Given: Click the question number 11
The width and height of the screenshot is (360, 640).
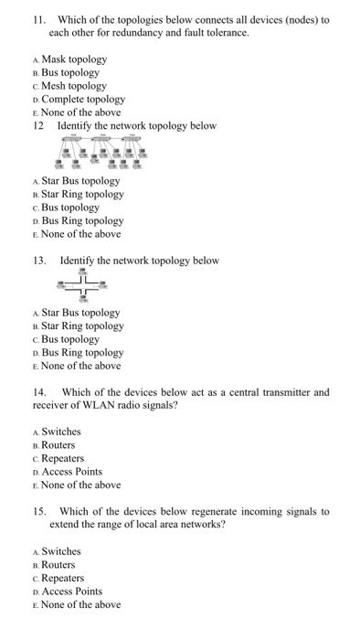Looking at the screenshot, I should (38, 19).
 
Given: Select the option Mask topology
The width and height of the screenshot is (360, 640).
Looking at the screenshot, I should (74, 59).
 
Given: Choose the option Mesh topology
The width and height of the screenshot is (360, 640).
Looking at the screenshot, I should (74, 85).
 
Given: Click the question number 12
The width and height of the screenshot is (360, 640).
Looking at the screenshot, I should (38, 125).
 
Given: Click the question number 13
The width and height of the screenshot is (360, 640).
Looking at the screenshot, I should (39, 261).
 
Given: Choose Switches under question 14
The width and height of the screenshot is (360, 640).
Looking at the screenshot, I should (61, 432).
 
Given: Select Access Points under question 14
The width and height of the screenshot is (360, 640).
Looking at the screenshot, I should (72, 472).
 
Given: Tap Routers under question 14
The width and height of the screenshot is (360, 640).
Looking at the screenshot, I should (58, 445).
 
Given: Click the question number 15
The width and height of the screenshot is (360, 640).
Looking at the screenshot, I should (39, 511).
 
